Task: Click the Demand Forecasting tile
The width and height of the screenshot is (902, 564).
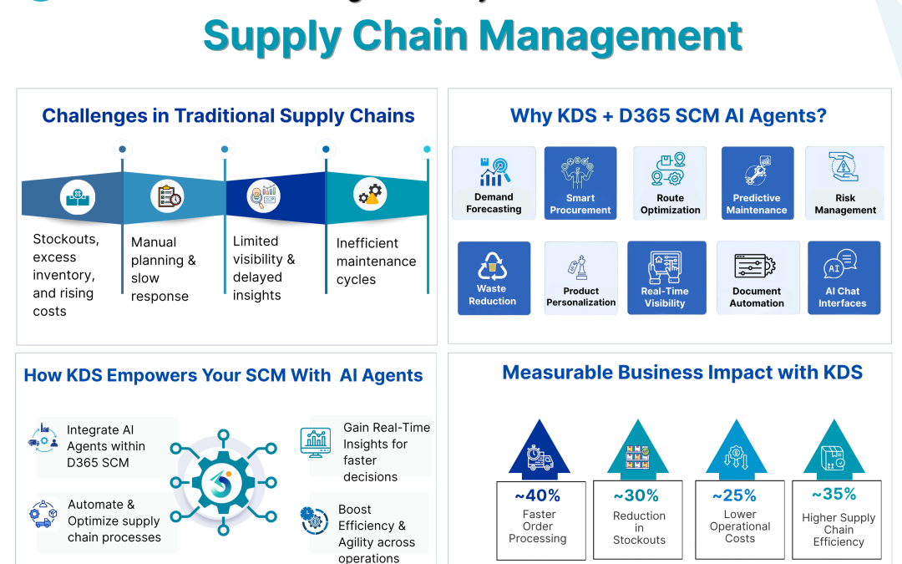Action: pyautogui.click(x=494, y=183)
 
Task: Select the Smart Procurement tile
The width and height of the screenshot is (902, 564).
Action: pyautogui.click(x=580, y=183)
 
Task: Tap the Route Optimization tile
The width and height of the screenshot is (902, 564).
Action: pyautogui.click(x=670, y=183)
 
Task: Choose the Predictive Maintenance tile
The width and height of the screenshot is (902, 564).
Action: pyautogui.click(x=757, y=183)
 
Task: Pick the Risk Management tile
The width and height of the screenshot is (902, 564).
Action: pyautogui.click(x=844, y=183)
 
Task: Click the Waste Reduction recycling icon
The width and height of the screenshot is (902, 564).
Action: pyautogui.click(x=492, y=267)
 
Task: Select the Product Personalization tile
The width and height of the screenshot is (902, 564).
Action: pyautogui.click(x=580, y=277)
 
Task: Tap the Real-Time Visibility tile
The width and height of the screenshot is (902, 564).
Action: pyautogui.click(x=666, y=277)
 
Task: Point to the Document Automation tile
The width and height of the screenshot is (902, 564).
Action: pyautogui.click(x=757, y=277)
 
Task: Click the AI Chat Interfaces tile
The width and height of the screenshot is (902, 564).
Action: pyautogui.click(x=843, y=277)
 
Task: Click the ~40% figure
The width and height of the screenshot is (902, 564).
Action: pyautogui.click(x=538, y=495)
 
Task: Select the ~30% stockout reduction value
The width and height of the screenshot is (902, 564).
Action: pyautogui.click(x=639, y=495)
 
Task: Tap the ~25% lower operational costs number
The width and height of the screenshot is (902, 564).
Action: pyautogui.click(x=740, y=495)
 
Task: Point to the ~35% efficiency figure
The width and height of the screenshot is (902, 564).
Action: pyautogui.click(x=839, y=494)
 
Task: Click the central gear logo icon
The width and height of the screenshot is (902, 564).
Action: pyautogui.click(x=222, y=482)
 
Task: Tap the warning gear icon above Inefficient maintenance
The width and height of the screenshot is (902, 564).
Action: pyautogui.click(x=369, y=195)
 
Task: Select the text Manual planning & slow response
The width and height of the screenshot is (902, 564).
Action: pyautogui.click(x=164, y=269)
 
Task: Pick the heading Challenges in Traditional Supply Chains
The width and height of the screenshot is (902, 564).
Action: pyautogui.click(x=228, y=115)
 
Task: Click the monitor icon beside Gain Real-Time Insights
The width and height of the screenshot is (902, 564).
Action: pyautogui.click(x=317, y=442)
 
